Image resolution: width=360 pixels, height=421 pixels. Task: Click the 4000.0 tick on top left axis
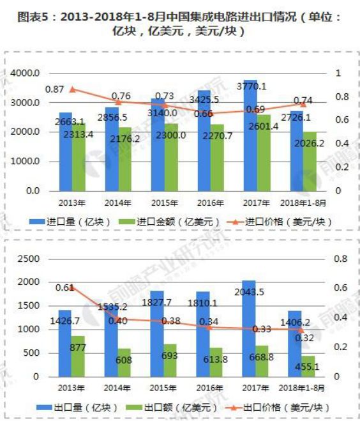pyautogui.click(x=26, y=73)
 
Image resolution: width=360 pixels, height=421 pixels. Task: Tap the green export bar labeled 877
pyautogui.click(x=78, y=356)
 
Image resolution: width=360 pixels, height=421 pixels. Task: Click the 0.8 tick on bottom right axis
pyautogui.click(x=338, y=259)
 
